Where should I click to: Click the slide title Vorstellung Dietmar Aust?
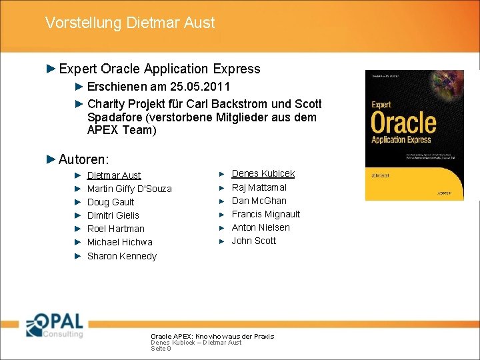click(x=130, y=23)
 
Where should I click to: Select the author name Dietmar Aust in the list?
click(x=114, y=175)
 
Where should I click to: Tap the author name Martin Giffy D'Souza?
click(x=129, y=189)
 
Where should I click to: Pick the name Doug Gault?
click(x=111, y=202)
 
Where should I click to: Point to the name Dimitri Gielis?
click(x=113, y=215)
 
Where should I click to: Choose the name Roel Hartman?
click(x=116, y=229)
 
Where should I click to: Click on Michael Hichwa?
click(x=120, y=242)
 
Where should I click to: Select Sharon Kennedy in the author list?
click(x=122, y=256)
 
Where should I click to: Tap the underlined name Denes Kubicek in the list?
click(x=263, y=173)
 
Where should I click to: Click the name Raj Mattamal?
click(x=259, y=187)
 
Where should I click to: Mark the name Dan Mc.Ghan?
click(x=259, y=201)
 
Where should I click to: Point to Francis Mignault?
click(x=266, y=214)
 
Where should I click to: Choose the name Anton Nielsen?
click(x=261, y=227)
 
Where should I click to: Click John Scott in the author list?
click(x=254, y=241)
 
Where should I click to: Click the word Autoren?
click(x=84, y=159)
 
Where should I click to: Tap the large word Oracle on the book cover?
click(x=403, y=123)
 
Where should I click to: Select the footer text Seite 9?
click(x=161, y=349)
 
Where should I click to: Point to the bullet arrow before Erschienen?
click(x=78, y=87)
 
